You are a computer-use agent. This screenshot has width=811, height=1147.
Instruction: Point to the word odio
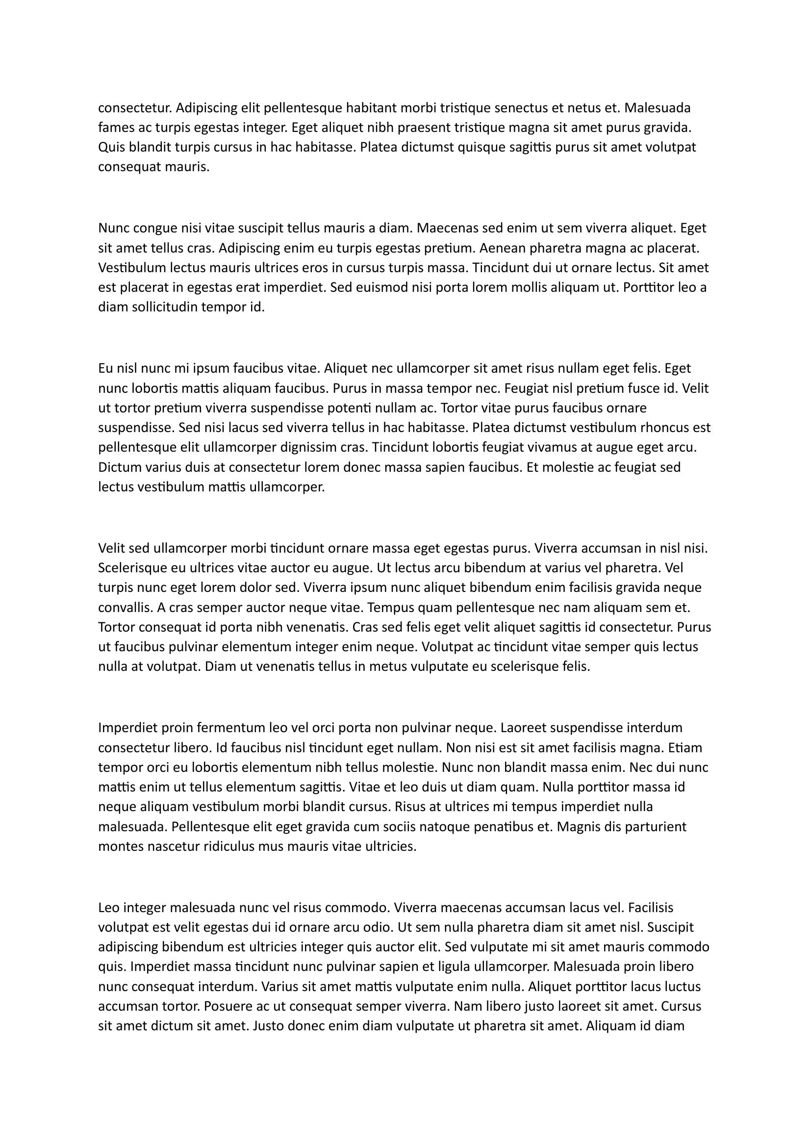pyautogui.click(x=377, y=928)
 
